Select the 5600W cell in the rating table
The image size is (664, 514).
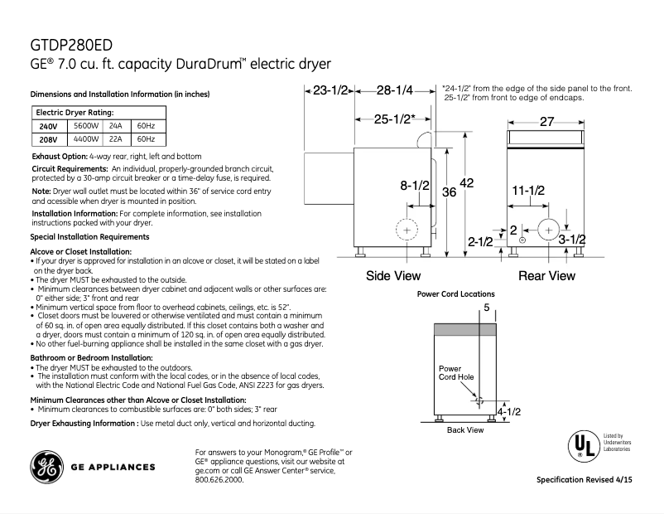(85, 126)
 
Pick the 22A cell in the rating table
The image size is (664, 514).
(115, 138)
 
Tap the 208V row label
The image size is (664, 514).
(48, 139)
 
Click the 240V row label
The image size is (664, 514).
(48, 126)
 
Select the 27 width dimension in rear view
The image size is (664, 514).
(546, 121)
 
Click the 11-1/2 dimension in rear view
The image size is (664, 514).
(527, 191)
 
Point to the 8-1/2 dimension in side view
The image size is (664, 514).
(415, 186)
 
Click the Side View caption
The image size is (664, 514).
(393, 275)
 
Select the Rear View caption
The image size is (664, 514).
(546, 275)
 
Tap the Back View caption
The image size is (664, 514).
(464, 430)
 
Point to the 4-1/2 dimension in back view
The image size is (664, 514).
(508, 410)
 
